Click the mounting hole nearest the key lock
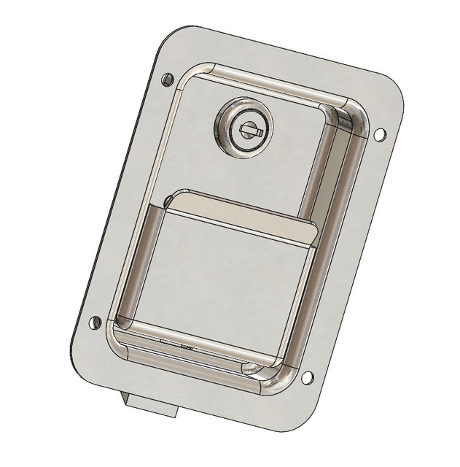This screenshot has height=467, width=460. [167, 78]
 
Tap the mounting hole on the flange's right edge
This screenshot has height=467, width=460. [379, 134]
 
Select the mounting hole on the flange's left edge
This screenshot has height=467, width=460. [95, 322]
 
